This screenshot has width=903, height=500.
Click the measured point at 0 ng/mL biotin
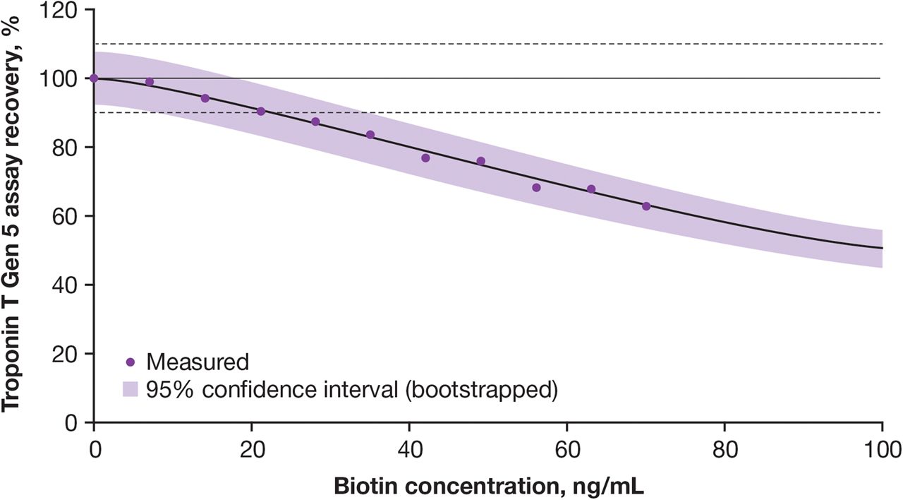tap(94, 78)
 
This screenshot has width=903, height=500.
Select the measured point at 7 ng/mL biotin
tap(149, 82)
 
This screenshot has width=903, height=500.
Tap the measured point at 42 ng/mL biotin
tap(425, 157)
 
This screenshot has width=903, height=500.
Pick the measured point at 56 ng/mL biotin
tap(536, 188)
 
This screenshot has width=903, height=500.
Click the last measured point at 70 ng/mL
tap(646, 206)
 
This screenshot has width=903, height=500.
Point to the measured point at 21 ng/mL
tap(261, 112)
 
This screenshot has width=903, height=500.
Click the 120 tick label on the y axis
tap(62, 10)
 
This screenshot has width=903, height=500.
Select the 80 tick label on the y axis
tap(68, 148)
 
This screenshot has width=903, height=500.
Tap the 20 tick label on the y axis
tap(68, 354)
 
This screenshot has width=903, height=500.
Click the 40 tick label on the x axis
tap(409, 448)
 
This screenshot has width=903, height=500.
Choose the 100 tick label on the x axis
tap(882, 448)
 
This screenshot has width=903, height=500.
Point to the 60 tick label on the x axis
tap(566, 448)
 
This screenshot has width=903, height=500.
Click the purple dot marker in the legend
tap(130, 362)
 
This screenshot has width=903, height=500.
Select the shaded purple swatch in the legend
tap(130, 389)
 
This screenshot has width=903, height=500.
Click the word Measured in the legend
tap(198, 362)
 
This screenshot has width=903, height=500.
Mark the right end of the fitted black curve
tap(882, 248)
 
